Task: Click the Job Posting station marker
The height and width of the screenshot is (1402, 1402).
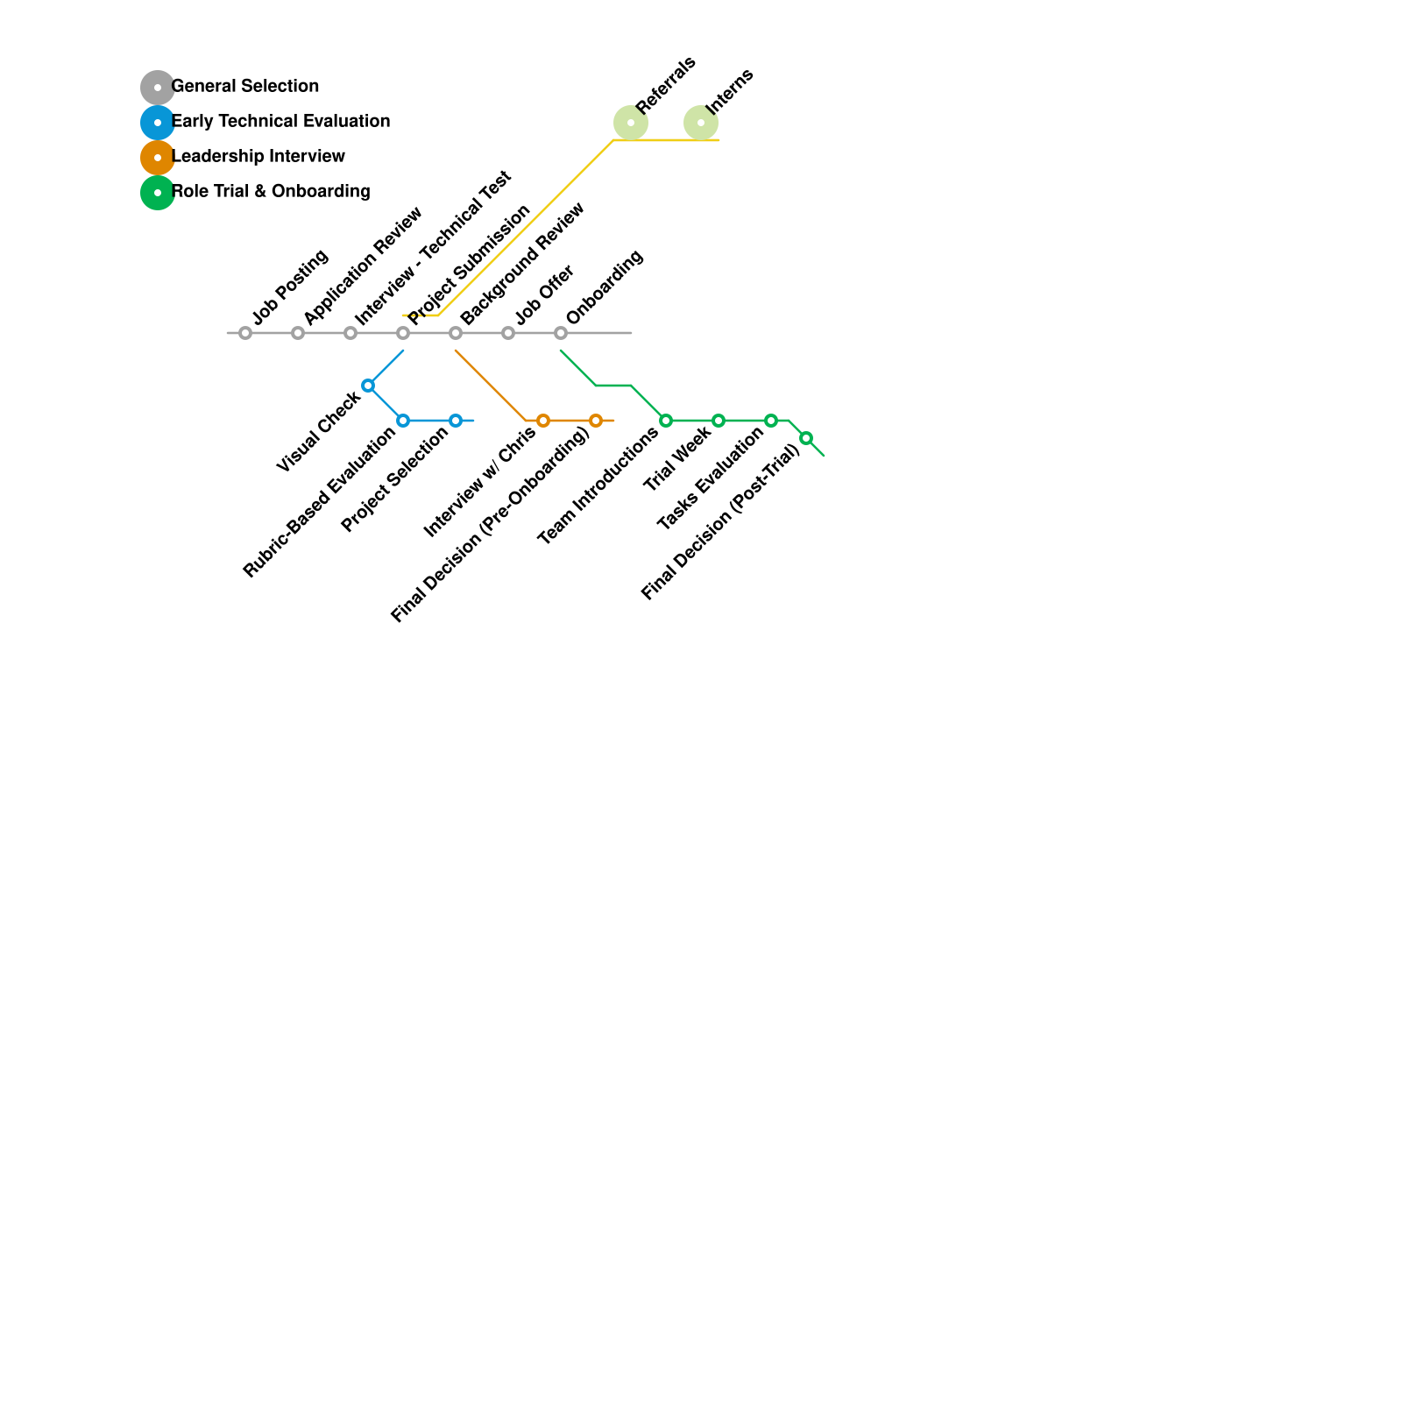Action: tap(245, 333)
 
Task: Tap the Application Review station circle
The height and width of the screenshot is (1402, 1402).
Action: tap(298, 333)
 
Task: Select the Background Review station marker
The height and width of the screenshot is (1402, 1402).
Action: tap(456, 333)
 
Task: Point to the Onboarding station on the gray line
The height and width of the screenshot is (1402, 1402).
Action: tap(561, 333)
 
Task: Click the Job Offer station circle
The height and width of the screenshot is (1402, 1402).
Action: tap(508, 333)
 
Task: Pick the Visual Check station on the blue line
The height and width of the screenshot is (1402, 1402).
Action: tap(368, 386)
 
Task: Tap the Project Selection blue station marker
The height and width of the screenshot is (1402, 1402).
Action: tap(456, 421)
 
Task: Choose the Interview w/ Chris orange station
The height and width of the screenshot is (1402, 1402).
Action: tap(543, 421)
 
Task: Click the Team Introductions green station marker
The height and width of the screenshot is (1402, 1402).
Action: tap(666, 421)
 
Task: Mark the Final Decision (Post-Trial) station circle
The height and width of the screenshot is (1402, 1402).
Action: tap(806, 438)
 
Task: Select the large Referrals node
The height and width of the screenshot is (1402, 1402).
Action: tap(631, 123)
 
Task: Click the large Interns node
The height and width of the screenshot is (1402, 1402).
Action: tap(701, 123)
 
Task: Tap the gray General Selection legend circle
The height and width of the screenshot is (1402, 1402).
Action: tap(158, 88)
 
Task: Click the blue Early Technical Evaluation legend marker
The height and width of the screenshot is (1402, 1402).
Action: tap(158, 123)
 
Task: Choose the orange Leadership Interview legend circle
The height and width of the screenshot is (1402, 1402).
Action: tap(158, 158)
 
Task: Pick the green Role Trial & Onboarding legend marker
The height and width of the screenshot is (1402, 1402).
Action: tap(158, 193)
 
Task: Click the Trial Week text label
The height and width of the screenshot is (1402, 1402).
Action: tap(676, 458)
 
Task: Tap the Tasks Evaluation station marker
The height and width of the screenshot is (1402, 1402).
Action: tap(771, 421)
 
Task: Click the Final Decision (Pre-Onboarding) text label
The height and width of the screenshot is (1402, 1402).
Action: tap(491, 526)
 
